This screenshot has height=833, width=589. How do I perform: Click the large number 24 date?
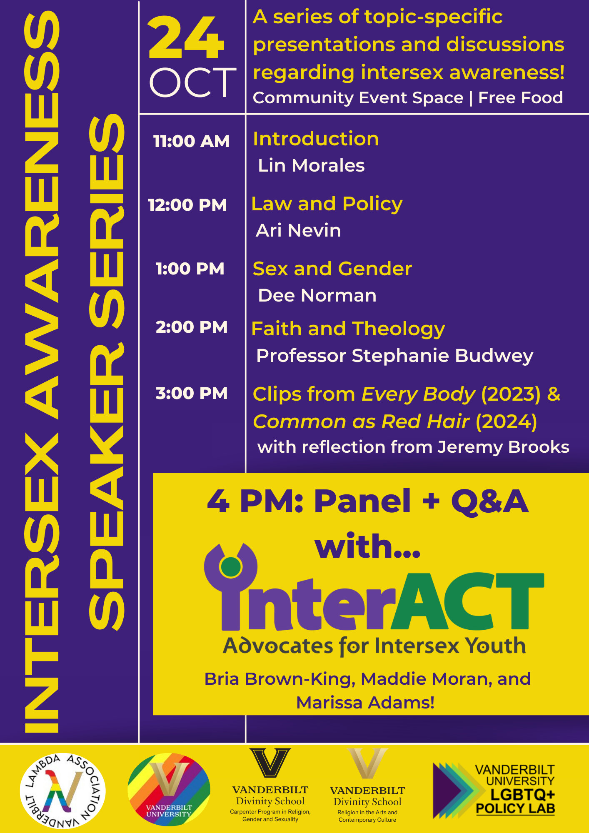click(x=186, y=38)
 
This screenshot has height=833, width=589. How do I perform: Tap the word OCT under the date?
click(x=192, y=82)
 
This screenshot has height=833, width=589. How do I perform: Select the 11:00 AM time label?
click(x=191, y=141)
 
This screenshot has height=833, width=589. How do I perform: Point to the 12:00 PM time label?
click(x=187, y=205)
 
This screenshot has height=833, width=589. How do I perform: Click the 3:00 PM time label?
click(x=192, y=393)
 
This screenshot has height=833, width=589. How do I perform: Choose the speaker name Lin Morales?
click(x=311, y=165)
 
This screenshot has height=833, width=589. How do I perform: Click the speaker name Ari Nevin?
click(x=298, y=230)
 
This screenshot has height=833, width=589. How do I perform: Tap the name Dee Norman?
click(x=317, y=295)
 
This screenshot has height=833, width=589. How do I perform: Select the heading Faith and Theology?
click(x=348, y=329)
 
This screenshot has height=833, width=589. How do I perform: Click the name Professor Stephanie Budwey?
click(x=394, y=356)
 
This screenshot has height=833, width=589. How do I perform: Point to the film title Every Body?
click(x=418, y=394)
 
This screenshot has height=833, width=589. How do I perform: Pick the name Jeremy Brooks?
click(x=503, y=447)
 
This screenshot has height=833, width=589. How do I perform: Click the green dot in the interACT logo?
click(x=231, y=566)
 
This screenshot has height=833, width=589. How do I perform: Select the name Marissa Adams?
click(x=365, y=703)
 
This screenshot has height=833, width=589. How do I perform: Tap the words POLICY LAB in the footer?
click(x=516, y=809)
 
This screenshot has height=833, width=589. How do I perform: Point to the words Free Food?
click(x=521, y=98)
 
